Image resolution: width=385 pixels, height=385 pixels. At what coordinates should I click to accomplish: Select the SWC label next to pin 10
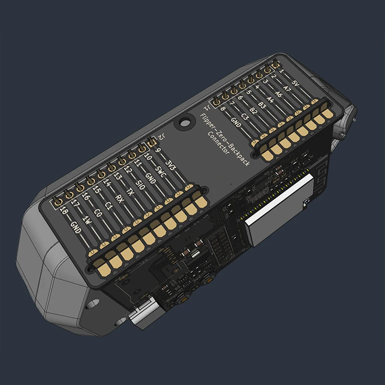click(x=161, y=174)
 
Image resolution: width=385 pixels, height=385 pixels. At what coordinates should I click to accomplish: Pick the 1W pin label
click(x=87, y=220)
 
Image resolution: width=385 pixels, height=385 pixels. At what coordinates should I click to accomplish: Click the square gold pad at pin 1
click(x=276, y=64)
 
